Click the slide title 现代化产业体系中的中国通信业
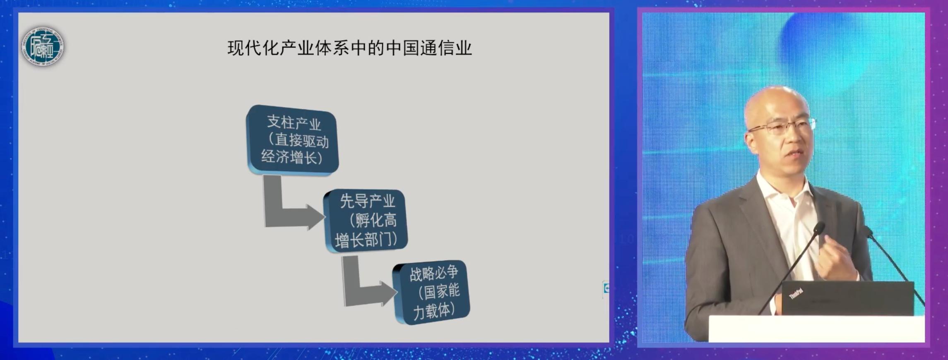(350, 48)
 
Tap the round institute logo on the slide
(43, 46)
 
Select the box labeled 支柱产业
(293, 139)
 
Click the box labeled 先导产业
(366, 221)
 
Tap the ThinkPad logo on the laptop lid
(796, 293)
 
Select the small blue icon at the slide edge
(606, 288)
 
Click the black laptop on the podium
(847, 298)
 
